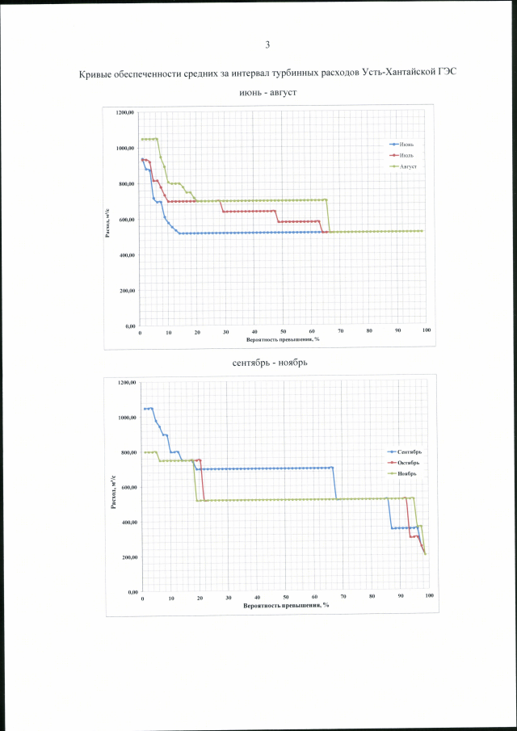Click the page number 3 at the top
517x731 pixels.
click(267, 44)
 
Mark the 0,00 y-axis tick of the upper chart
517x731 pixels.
click(129, 326)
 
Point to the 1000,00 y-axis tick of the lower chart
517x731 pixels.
click(128, 418)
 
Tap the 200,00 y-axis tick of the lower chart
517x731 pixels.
click(129, 558)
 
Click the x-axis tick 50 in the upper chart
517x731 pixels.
click(284, 332)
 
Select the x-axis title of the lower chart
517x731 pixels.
click(287, 605)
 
